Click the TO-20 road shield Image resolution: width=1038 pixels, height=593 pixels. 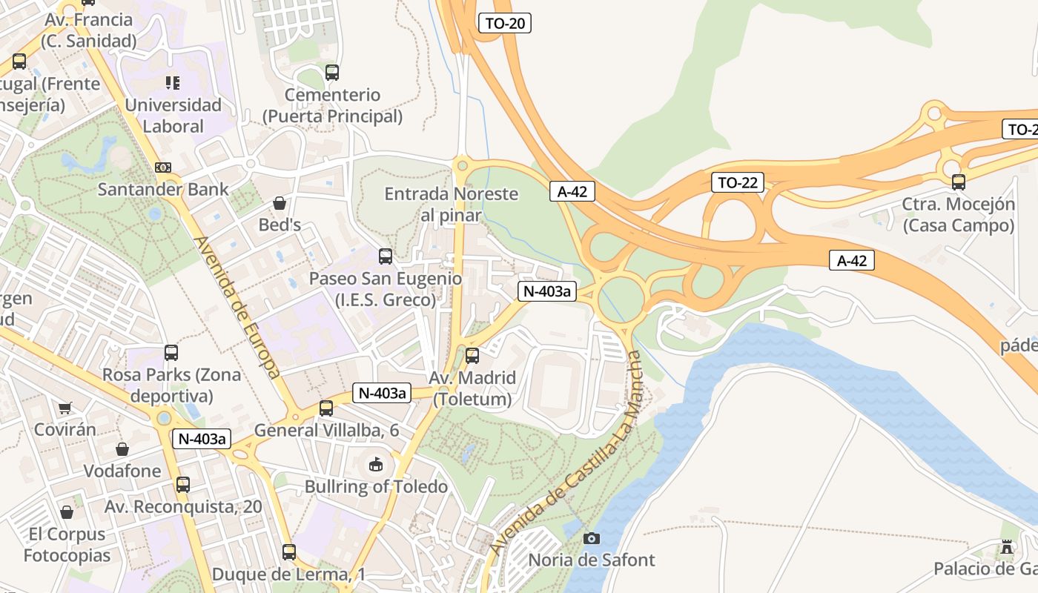point(505,23)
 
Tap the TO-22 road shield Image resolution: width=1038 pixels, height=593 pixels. point(737,182)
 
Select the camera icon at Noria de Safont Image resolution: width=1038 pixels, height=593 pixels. point(591,538)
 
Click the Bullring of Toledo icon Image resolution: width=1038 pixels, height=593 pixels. point(377,466)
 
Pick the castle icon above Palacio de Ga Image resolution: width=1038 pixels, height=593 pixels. point(1006,547)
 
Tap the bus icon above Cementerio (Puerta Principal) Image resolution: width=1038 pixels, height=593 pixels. point(332,73)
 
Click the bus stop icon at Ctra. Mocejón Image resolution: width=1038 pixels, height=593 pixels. point(958,182)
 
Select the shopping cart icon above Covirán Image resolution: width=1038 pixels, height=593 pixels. point(65,408)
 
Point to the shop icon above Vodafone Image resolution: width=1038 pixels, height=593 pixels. point(122,449)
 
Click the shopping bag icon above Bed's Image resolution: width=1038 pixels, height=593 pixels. point(280,202)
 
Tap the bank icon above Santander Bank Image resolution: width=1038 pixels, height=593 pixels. point(163,168)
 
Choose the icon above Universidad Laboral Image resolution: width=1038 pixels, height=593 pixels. point(173,82)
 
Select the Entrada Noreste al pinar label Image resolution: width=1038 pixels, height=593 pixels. point(451,205)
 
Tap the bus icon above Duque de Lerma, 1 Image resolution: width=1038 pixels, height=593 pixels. point(289,552)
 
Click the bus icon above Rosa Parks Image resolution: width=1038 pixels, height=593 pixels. point(171,353)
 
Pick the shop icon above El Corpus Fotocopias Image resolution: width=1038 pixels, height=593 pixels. point(67,512)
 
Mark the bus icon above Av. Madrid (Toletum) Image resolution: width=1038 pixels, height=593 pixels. point(472,356)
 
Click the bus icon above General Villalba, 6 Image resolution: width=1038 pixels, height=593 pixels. point(326,408)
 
